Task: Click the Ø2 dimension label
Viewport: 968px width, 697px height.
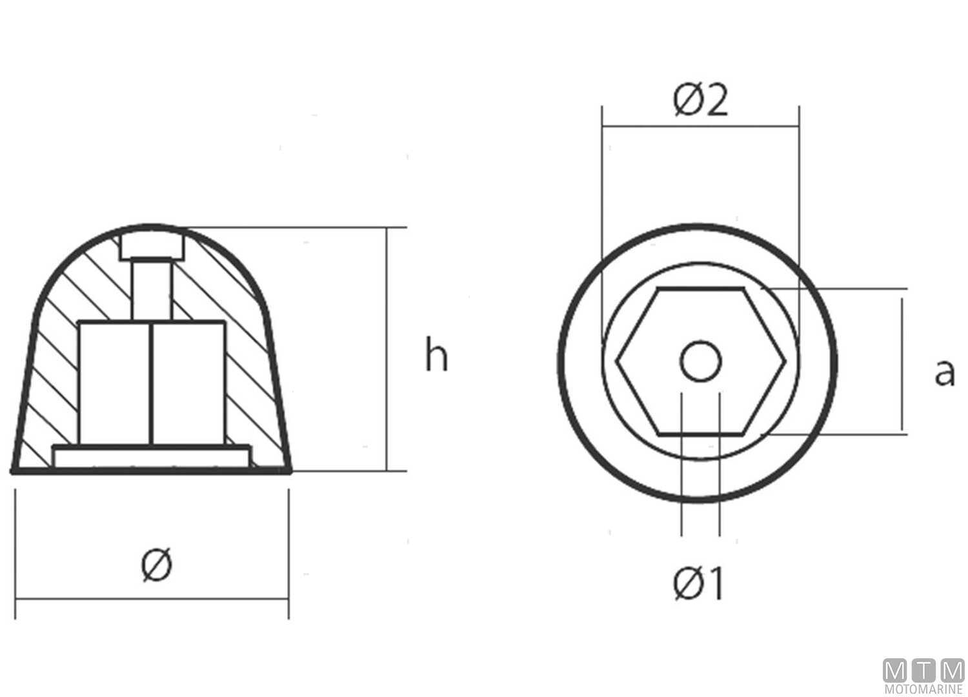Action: click(700, 101)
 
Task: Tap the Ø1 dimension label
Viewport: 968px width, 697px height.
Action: click(698, 583)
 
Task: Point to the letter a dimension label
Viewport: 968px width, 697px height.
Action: click(944, 372)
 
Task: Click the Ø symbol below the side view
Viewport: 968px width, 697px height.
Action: click(157, 565)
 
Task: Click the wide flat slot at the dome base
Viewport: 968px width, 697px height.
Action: click(152, 456)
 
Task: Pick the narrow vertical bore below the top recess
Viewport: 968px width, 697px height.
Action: click(152, 288)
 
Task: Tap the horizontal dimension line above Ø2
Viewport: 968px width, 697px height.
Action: click(700, 126)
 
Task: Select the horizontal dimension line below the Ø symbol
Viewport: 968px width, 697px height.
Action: click(152, 599)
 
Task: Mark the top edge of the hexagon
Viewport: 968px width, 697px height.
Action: click(700, 289)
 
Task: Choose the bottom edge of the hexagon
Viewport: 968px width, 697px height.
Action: click(700, 434)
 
